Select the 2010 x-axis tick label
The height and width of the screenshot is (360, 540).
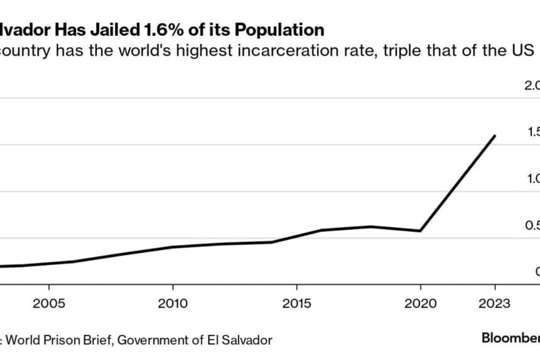pos(173,304)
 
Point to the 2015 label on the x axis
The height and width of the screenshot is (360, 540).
pos(296,304)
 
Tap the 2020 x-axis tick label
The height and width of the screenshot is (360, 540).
pos(420,304)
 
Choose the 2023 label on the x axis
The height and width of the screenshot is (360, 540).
pos(494,304)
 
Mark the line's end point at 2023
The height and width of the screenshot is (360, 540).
pos(495,136)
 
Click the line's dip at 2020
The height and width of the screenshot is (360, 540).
pos(420,231)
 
